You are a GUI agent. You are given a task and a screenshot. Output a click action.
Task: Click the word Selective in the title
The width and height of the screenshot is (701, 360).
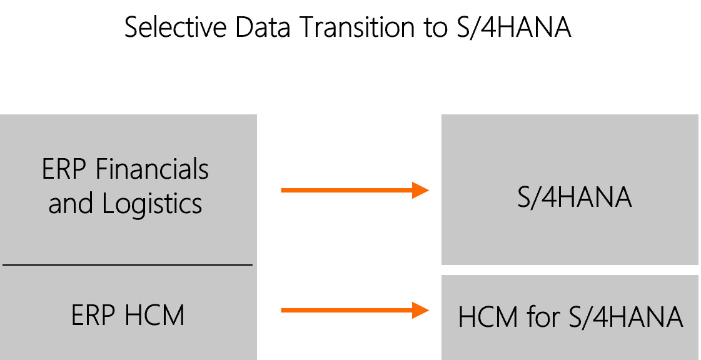point(176,27)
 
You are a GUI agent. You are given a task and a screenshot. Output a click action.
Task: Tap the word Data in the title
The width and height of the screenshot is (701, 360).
point(263,27)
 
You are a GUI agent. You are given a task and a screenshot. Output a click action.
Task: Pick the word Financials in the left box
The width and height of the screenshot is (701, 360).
point(152,169)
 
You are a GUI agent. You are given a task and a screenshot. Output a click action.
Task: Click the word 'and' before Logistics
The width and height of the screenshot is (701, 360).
point(70,203)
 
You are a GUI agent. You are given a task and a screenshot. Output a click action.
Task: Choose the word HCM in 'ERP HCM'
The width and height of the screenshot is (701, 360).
point(154,315)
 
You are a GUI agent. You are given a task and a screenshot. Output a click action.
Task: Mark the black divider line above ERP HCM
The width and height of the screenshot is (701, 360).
point(128,265)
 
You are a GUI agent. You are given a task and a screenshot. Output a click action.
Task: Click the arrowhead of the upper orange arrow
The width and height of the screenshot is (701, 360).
point(420,190)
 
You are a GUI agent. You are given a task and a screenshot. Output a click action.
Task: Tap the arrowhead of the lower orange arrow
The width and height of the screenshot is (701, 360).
point(420,311)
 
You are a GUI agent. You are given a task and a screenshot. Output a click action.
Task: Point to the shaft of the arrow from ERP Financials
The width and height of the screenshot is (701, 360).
point(346,190)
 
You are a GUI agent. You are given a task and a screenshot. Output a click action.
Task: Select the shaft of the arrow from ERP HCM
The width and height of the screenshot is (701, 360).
point(346,311)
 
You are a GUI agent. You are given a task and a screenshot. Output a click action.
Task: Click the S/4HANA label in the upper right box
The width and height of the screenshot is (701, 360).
point(575,197)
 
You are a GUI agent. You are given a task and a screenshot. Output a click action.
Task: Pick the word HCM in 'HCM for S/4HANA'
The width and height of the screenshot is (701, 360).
point(488,317)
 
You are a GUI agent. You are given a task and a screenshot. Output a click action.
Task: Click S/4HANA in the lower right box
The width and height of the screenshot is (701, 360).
point(626,317)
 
